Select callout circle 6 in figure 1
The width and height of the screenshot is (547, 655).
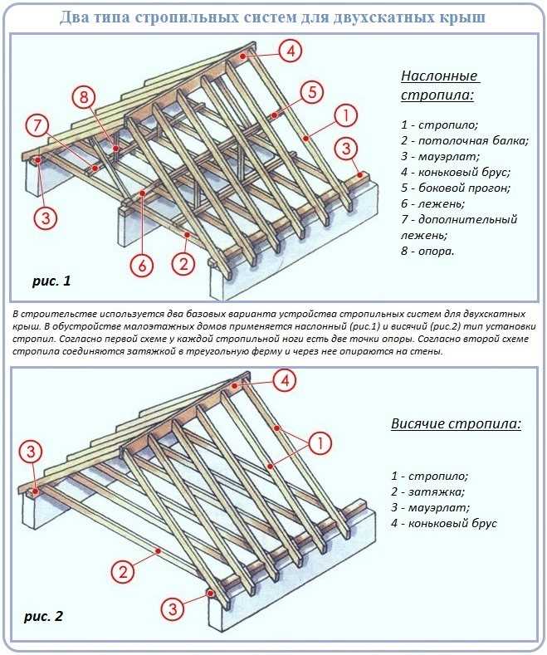pyautogui.click(x=143, y=266)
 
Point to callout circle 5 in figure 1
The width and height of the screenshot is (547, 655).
pyautogui.click(x=310, y=92)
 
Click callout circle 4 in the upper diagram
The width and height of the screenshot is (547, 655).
pyautogui.click(x=290, y=51)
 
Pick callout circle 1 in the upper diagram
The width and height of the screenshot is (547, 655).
pyautogui.click(x=346, y=115)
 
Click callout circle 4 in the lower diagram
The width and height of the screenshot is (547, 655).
pyautogui.click(x=284, y=381)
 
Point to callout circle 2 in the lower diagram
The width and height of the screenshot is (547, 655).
pyautogui.click(x=122, y=571)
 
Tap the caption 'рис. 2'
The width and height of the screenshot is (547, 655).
pyautogui.click(x=43, y=617)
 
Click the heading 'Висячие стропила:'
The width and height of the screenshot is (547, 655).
pyautogui.click(x=456, y=424)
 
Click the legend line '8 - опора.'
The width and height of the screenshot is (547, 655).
pyautogui.click(x=427, y=251)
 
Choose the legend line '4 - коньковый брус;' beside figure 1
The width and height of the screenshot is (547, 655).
pyautogui.click(x=454, y=172)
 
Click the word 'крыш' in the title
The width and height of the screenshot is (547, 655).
pyautogui.click(x=465, y=17)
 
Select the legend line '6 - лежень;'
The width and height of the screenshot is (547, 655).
pyautogui.click(x=432, y=203)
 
